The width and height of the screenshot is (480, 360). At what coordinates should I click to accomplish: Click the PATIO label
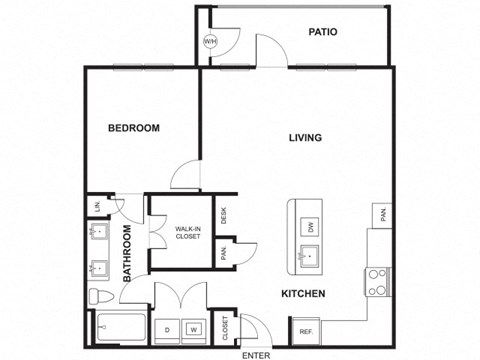[322, 32]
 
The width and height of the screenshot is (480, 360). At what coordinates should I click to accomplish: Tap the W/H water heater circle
[210, 42]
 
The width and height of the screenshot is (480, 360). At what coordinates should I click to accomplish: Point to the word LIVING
[305, 138]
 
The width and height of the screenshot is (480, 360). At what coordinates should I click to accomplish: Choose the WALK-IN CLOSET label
[188, 232]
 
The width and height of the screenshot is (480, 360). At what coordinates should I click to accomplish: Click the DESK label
[225, 213]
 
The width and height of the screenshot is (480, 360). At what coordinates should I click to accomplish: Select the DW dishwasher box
[311, 227]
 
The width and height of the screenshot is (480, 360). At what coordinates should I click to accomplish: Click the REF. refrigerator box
[303, 331]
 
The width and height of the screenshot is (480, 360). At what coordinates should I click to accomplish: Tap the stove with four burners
[377, 281]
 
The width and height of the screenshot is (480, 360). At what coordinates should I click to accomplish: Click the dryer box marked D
[167, 329]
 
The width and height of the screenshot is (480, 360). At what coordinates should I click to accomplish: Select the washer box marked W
[194, 329]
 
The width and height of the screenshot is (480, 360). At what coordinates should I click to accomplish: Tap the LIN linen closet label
[96, 207]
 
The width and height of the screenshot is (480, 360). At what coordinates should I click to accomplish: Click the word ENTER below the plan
[256, 354]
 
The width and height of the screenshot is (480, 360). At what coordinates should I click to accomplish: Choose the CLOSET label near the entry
[225, 327]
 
